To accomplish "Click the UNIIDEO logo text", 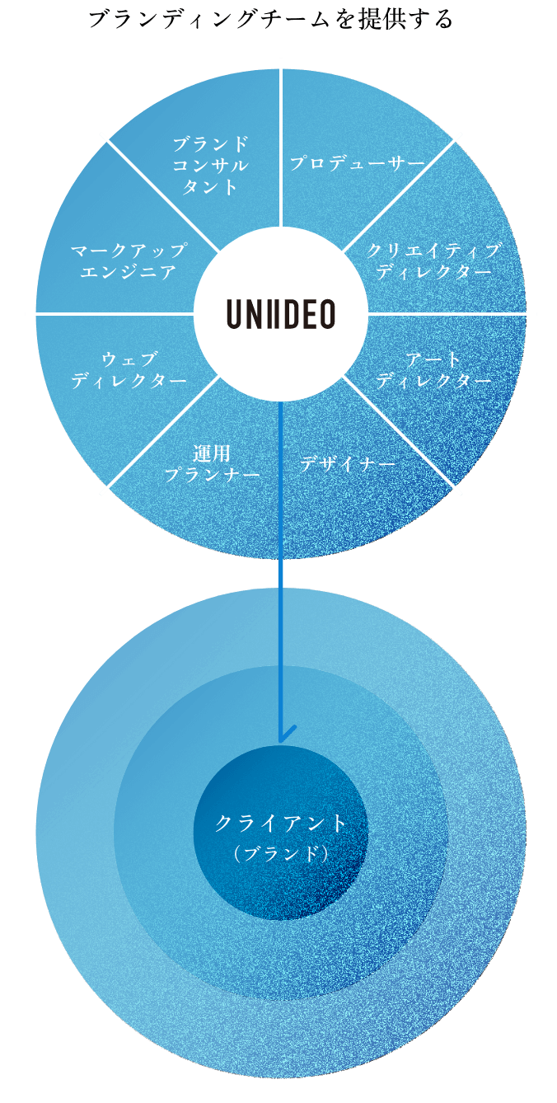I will (x=281, y=314).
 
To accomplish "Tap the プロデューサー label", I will (x=357, y=163).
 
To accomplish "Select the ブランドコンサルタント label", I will (x=210, y=165).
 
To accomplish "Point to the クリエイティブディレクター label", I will (x=433, y=260).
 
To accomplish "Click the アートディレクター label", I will (x=433, y=370).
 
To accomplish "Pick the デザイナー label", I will (x=347, y=464).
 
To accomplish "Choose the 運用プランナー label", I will (x=212, y=464).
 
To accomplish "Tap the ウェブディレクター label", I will (x=129, y=370).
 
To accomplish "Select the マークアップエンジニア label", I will (x=129, y=260).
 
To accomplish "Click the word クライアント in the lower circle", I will (x=281, y=823).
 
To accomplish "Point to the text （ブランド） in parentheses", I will (x=281, y=854).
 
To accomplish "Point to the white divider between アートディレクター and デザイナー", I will (x=404, y=437).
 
